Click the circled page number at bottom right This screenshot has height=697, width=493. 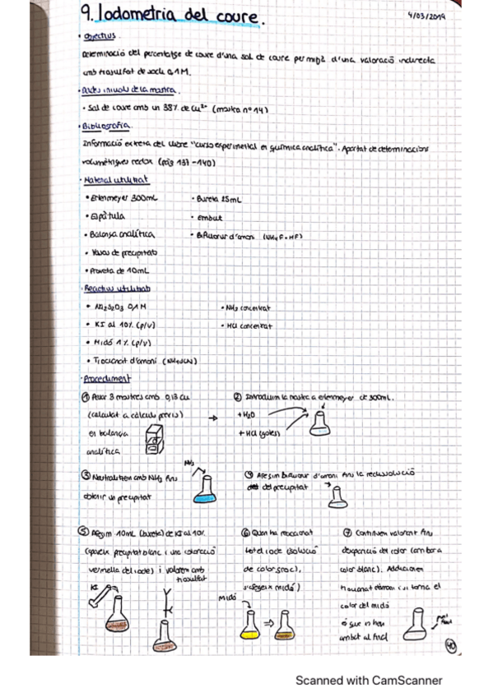coord(450,645)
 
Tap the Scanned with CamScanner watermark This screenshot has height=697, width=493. coord(369,681)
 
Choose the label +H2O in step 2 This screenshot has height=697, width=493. coord(248,416)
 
